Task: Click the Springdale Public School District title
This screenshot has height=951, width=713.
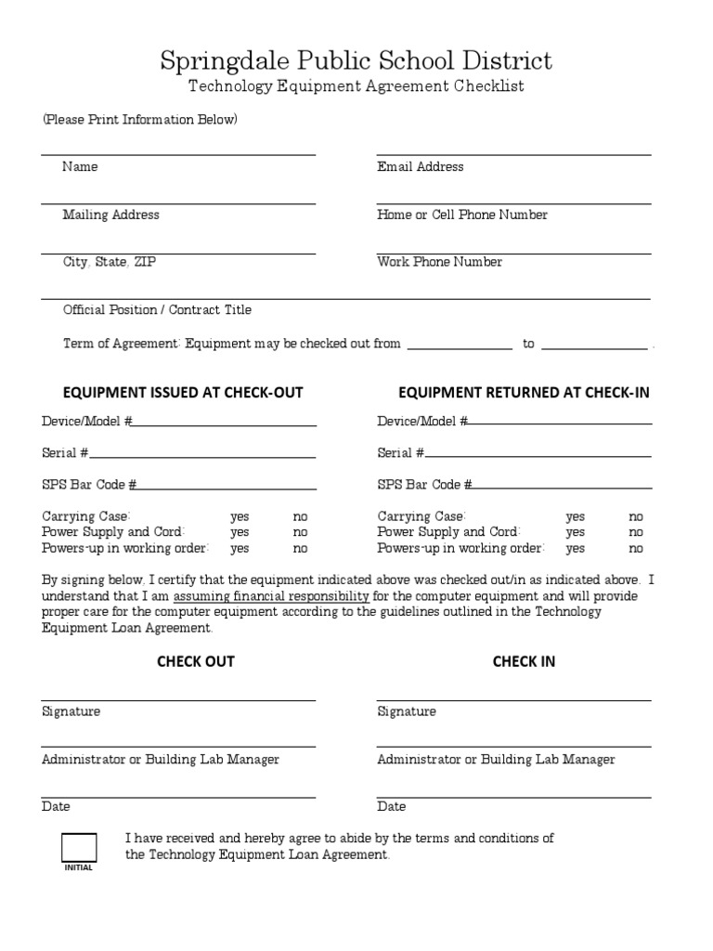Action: (x=356, y=61)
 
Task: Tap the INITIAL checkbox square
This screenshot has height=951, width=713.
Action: (x=79, y=847)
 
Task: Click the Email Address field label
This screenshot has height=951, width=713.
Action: (x=420, y=167)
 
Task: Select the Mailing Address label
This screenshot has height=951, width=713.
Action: (x=110, y=215)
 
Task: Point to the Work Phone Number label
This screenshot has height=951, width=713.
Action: (x=439, y=262)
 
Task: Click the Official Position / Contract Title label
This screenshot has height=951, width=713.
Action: (x=157, y=310)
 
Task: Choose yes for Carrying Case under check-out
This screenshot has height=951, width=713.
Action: (x=240, y=516)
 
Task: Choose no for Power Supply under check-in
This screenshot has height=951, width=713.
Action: (x=636, y=532)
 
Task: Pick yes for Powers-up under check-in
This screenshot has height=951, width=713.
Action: (x=576, y=548)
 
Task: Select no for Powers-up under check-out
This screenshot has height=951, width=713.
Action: (x=301, y=548)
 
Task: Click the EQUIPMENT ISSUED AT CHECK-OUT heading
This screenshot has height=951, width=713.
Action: (x=182, y=393)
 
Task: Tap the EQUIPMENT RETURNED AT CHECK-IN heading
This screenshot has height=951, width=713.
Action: (x=524, y=393)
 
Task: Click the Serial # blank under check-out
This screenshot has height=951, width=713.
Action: (x=202, y=453)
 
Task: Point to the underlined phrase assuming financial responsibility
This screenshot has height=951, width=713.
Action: (x=271, y=596)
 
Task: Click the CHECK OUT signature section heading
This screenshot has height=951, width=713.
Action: (x=195, y=661)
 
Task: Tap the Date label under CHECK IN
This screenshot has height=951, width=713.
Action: (x=391, y=807)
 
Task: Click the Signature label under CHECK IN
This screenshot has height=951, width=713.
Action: (x=406, y=711)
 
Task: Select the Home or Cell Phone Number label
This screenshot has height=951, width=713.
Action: (x=461, y=215)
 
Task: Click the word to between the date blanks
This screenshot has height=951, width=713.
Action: (x=528, y=344)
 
